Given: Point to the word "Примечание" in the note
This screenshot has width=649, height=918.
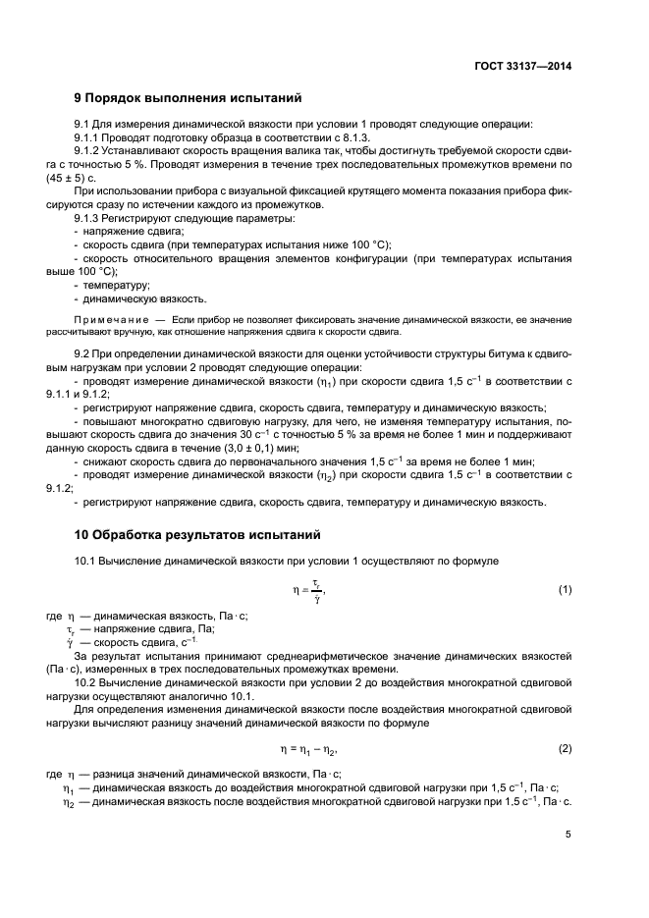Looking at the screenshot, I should (109, 321).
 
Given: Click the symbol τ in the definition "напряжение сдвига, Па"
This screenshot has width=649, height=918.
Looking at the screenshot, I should (70, 630).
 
